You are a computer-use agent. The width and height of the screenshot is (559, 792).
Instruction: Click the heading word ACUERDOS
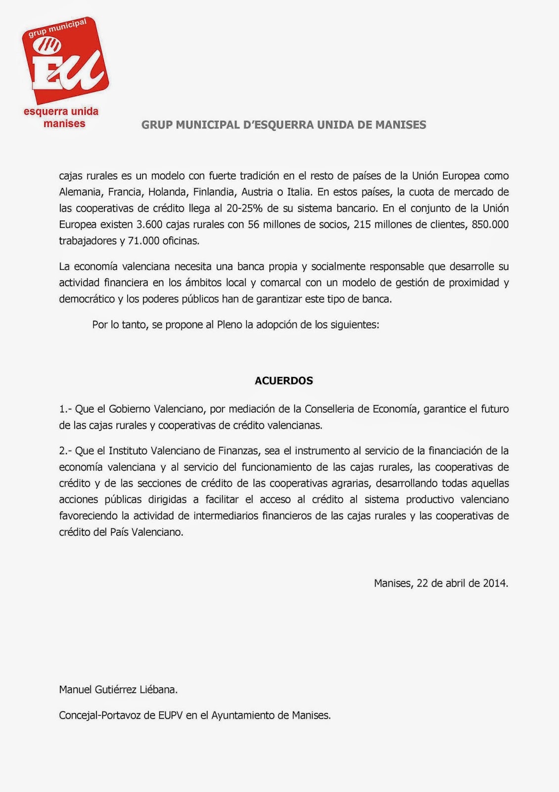[x=283, y=381]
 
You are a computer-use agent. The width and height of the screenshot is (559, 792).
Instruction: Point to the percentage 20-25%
[x=244, y=208]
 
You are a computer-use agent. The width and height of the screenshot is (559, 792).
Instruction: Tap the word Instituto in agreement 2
[x=130, y=450]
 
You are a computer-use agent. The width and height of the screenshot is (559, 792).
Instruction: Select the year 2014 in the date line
[x=495, y=583]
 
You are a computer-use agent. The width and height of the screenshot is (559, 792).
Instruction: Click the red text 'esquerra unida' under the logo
[x=61, y=111]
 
